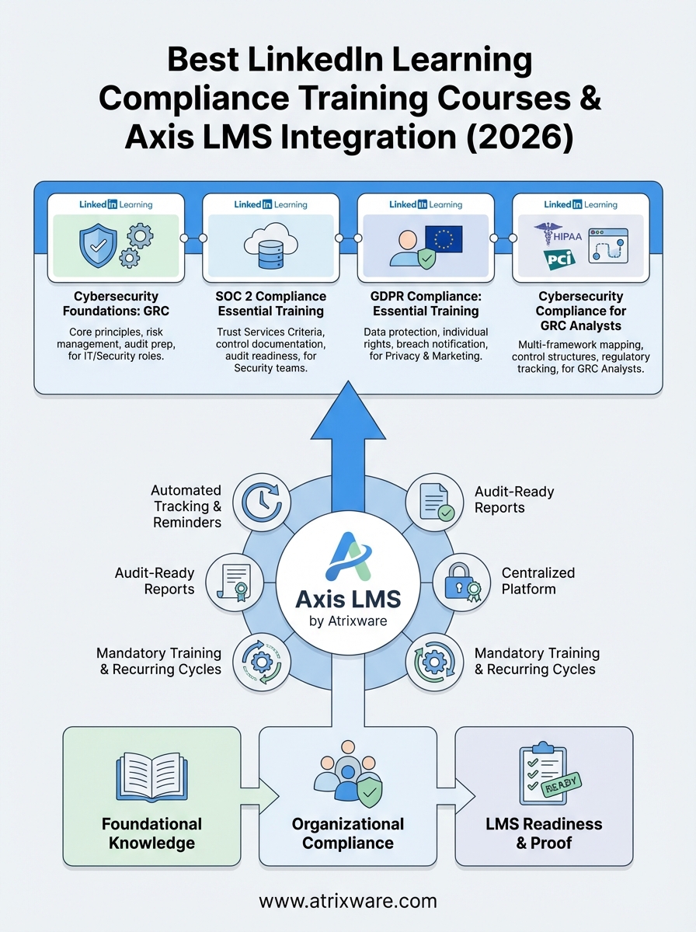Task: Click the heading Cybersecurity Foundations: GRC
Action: coord(115,304)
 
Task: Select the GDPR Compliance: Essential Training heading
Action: coord(425,304)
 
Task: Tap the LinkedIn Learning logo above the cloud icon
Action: coord(270,204)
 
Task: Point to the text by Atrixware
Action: coord(347,621)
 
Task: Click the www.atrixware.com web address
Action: coord(347,901)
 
